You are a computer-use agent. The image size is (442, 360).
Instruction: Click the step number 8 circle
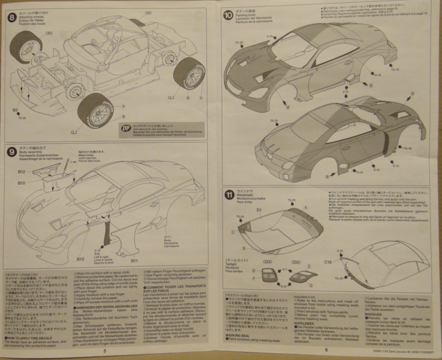coord(13,19)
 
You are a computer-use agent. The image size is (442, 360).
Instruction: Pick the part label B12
coord(22,172)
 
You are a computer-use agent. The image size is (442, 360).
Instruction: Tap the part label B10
coord(22,183)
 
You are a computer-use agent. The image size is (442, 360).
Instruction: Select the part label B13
coord(80,259)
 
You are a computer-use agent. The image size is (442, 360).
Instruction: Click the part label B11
coord(134,260)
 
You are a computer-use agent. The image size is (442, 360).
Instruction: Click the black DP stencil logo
coord(125,128)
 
